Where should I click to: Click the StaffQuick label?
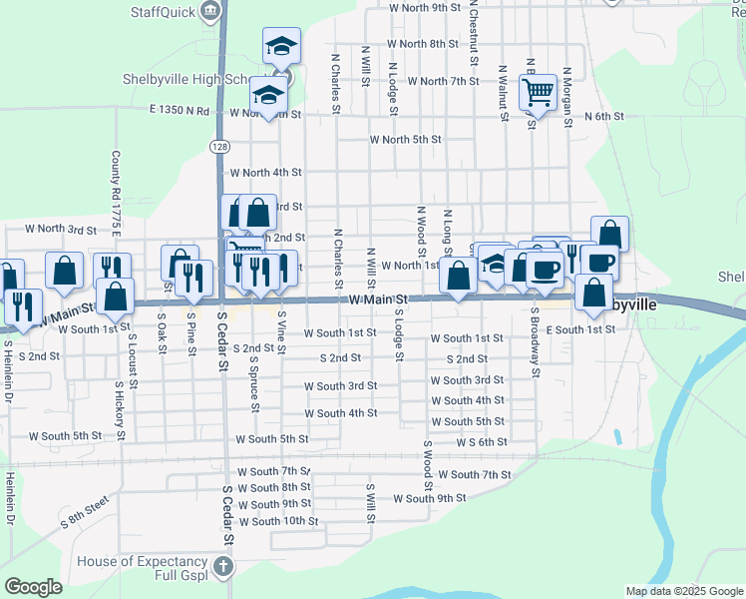pyautogui.click(x=164, y=11)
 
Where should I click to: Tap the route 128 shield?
pyautogui.click(x=218, y=146)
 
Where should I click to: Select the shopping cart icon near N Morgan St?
pyautogui.click(x=538, y=94)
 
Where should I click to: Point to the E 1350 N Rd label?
pyautogui.click(x=180, y=111)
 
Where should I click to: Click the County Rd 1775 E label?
pyautogui.click(x=117, y=195)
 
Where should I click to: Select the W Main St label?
pyautogui.click(x=379, y=299)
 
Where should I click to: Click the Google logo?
pyautogui.click(x=33, y=587)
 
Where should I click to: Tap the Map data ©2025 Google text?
pyautogui.click(x=683, y=591)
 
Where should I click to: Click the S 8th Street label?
pyautogui.click(x=84, y=515)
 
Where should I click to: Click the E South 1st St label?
pyautogui.click(x=581, y=329)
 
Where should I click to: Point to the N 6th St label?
pyautogui.click(x=603, y=117)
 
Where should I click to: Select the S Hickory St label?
pyautogui.click(x=121, y=409)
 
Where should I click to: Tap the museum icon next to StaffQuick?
pyautogui.click(x=210, y=11)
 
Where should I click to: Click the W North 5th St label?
pyautogui.click(x=405, y=140)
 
